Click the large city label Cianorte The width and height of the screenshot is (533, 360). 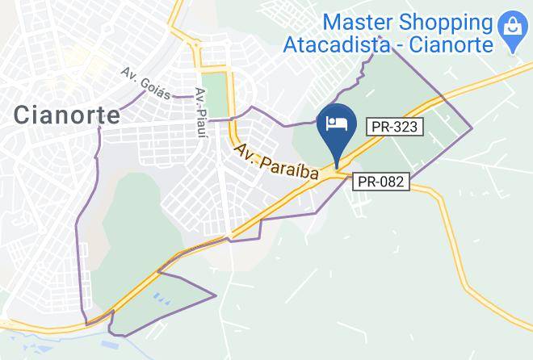(x=66, y=115)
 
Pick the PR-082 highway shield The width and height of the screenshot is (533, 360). (x=381, y=182)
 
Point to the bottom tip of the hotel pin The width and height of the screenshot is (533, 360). (x=336, y=167)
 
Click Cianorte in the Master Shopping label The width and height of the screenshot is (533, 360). (x=451, y=45)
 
